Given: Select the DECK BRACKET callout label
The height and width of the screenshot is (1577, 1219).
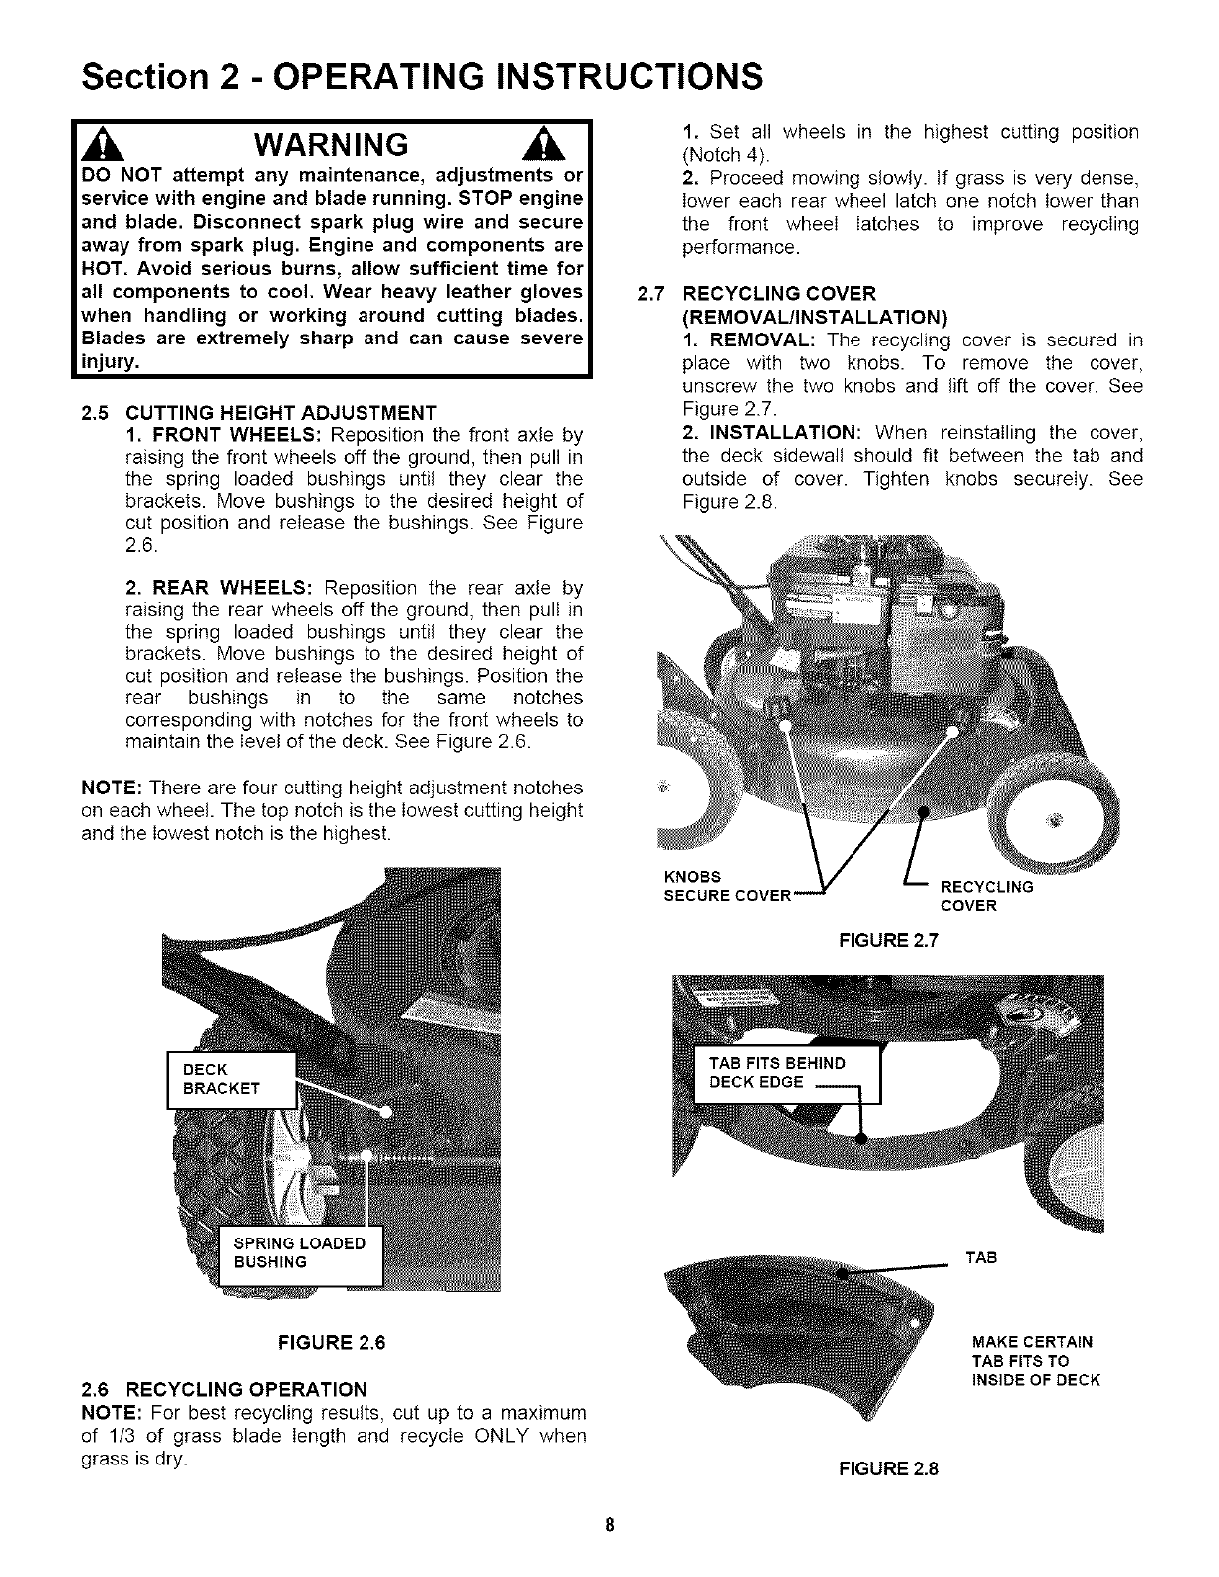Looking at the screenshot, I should [x=230, y=1078].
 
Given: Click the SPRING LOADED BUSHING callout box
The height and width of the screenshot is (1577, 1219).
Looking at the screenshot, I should [x=299, y=1252].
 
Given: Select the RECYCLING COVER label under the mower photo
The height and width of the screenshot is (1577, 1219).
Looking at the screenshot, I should [x=987, y=895].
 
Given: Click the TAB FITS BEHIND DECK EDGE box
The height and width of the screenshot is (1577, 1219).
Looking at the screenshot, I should [x=785, y=1073].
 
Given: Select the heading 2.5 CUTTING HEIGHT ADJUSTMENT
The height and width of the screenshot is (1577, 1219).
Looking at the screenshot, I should [x=259, y=413].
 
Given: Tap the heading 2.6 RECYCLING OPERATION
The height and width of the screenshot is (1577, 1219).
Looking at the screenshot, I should [x=223, y=1388].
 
